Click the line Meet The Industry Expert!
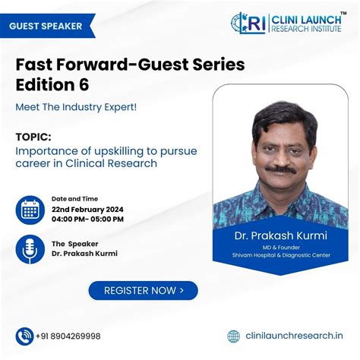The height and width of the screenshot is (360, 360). tap(76, 106)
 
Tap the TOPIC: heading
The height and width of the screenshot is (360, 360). tap(34, 137)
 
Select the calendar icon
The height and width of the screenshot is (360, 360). tap(30, 210)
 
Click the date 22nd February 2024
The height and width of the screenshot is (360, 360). tap(87, 209)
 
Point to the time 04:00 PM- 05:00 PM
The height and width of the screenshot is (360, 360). tap(87, 219)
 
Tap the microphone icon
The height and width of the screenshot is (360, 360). tap(30, 249)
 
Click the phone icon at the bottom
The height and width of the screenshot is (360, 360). tap(24, 336)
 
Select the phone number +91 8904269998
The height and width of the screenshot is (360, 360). tap(68, 336)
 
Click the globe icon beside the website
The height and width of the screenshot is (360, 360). tap(234, 336)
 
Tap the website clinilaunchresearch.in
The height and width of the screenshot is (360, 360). tap(294, 336)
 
